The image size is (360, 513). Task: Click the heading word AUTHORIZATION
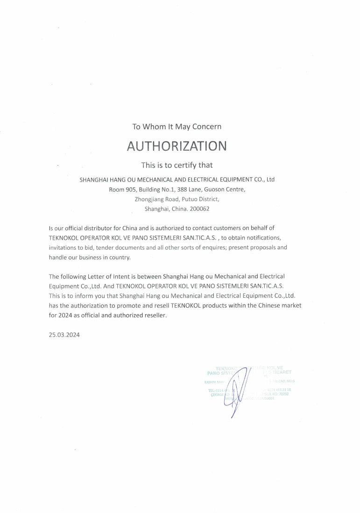(176, 146)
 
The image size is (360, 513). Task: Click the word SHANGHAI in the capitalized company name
(94, 179)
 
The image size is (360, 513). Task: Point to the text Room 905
(122, 189)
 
